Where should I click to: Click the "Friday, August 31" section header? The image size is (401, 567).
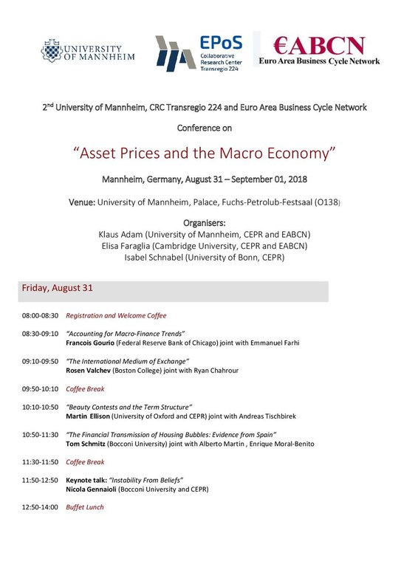point(57,288)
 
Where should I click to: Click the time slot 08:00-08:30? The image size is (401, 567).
point(40,315)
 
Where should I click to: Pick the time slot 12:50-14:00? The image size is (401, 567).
point(40,507)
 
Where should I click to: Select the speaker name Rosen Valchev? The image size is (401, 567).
point(92,370)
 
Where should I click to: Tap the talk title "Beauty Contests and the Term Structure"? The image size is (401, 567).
point(129,407)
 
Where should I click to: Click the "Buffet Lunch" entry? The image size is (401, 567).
point(85,507)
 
